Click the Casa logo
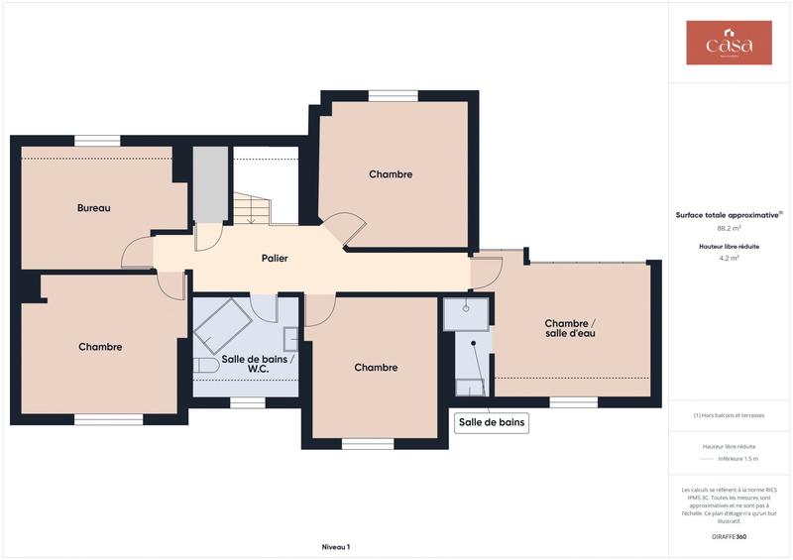click(x=729, y=44)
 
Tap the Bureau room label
click(x=94, y=208)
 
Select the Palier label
click(x=275, y=258)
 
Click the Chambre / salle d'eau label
click(x=570, y=328)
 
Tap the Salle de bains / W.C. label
click(x=259, y=363)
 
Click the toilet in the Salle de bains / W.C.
click(x=204, y=366)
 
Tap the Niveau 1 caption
click(x=336, y=546)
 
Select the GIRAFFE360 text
click(x=729, y=536)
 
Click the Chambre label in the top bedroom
click(x=391, y=174)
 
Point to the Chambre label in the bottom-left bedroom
click(x=100, y=347)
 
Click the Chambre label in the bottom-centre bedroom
click(x=376, y=368)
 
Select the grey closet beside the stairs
click(x=209, y=184)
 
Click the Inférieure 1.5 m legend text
click(x=738, y=459)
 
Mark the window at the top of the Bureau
click(x=97, y=141)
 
